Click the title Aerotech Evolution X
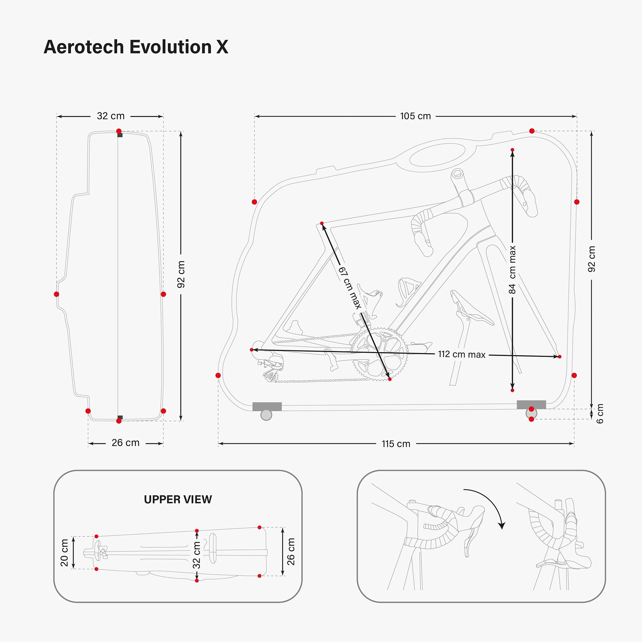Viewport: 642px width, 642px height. [136, 47]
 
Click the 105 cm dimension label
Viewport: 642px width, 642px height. [415, 116]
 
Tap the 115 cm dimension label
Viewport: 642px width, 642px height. [395, 444]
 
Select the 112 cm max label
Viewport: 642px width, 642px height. [462, 355]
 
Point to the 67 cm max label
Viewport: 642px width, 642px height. [350, 288]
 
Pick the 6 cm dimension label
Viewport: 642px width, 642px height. [600, 414]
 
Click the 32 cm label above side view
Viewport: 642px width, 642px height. [111, 116]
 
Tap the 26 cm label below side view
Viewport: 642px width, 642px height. [125, 443]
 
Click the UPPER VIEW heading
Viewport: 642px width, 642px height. [178, 499]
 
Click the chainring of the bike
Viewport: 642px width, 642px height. [379, 354]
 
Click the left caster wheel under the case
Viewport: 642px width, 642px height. [266, 415]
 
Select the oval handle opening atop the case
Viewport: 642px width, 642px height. [437, 155]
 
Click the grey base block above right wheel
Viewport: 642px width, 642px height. [531, 404]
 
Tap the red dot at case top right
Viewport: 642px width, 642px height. [532, 131]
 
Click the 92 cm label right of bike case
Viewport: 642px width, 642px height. [592, 259]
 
